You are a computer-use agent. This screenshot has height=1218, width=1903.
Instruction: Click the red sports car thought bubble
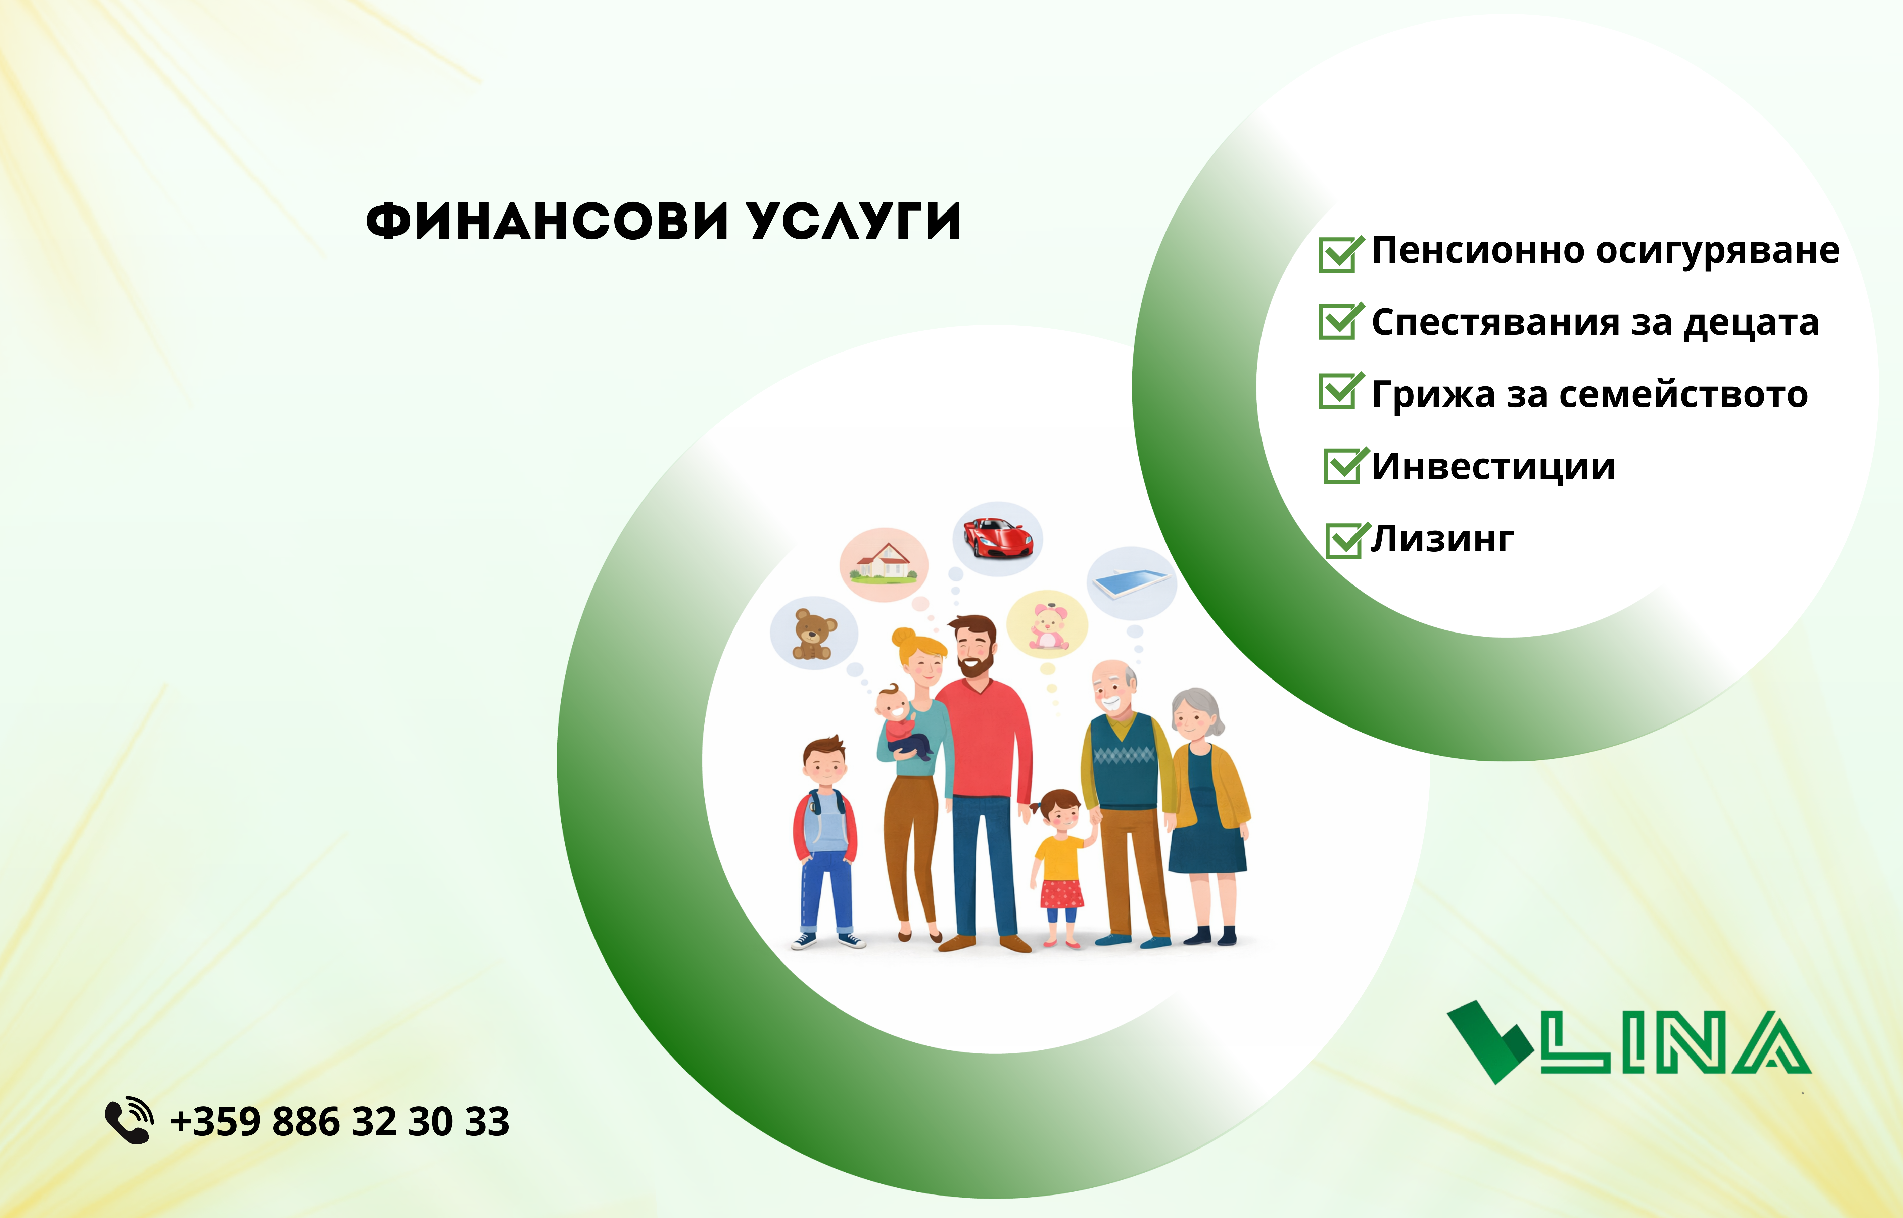click(998, 538)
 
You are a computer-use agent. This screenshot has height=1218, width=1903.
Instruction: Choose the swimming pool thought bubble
click(1132, 583)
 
